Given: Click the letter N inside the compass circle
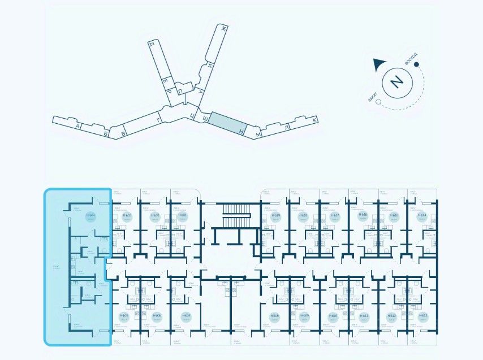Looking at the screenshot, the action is pyautogui.click(x=396, y=83).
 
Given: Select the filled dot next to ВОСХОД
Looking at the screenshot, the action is pyautogui.click(x=417, y=64).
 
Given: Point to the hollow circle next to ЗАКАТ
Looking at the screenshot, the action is pyautogui.click(x=378, y=103).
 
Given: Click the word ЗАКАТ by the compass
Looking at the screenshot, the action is pyautogui.click(x=372, y=97).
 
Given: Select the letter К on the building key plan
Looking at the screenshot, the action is pyautogui.click(x=315, y=119).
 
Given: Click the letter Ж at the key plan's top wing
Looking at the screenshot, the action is pyautogui.click(x=224, y=28).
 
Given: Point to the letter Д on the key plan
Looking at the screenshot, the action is pyautogui.click(x=151, y=44).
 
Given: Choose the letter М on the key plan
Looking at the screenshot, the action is pyautogui.click(x=257, y=136).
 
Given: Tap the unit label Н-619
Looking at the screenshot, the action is pyautogui.click(x=276, y=216).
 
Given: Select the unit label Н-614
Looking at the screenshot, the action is pyautogui.click(x=421, y=216).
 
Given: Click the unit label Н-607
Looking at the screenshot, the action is pyautogui.click(x=185, y=316).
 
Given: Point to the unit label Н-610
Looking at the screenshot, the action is pyautogui.click(x=333, y=316).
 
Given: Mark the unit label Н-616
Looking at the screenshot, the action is pyautogui.click(x=363, y=216).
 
